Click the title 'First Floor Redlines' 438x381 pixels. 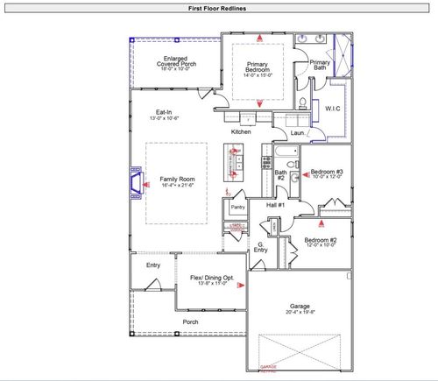click(x=218, y=8)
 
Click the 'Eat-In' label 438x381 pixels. click(x=164, y=113)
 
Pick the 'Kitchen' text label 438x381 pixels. click(x=241, y=131)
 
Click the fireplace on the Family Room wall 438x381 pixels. click(x=136, y=181)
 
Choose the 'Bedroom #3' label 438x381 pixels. click(x=327, y=172)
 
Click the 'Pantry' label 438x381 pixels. click(x=237, y=208)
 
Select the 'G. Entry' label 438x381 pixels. click(x=261, y=247)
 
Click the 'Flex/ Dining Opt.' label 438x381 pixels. click(x=211, y=278)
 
